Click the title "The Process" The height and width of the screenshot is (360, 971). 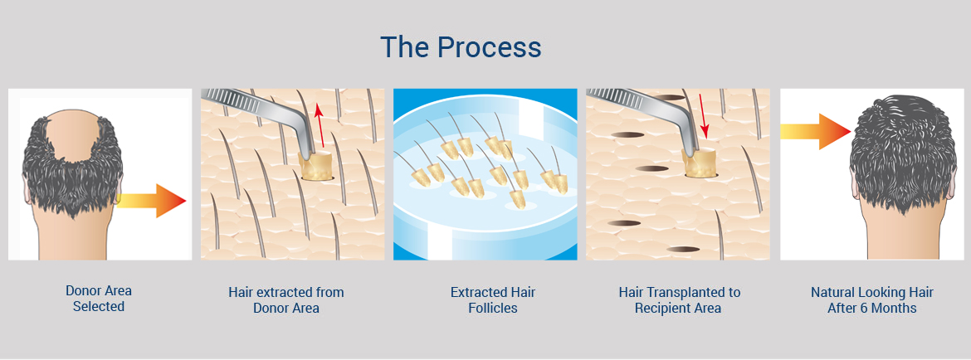(x=461, y=47)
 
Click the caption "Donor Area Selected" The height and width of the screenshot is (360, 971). (x=99, y=298)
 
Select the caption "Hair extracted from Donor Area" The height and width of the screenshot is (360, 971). (x=286, y=299)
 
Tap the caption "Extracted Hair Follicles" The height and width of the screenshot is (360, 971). (x=493, y=299)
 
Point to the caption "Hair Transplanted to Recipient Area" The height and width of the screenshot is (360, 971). (x=679, y=299)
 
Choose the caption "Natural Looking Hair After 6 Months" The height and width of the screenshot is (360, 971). (x=872, y=299)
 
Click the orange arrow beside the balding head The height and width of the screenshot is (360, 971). (x=151, y=201)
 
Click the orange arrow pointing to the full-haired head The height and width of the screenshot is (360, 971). (x=816, y=131)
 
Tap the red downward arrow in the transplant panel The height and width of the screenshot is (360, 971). (x=702, y=116)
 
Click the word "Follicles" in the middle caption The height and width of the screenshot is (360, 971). (x=493, y=308)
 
